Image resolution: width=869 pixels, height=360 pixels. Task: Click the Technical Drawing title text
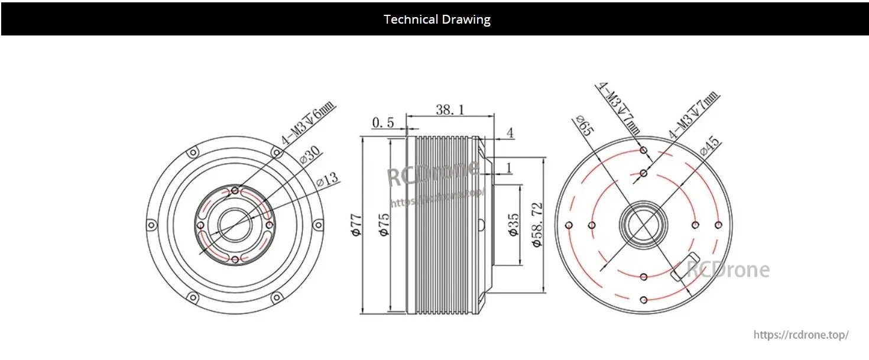(437, 20)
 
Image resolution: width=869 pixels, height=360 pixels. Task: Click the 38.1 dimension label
(449, 110)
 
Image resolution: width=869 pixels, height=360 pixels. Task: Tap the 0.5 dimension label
(383, 123)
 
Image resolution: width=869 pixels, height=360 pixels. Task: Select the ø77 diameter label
(356, 225)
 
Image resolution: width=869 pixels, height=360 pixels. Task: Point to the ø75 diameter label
(384, 225)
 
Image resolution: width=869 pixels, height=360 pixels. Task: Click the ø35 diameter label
(514, 225)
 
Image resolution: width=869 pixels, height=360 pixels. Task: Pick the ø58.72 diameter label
(537, 225)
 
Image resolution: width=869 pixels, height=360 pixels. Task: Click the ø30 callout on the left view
(309, 156)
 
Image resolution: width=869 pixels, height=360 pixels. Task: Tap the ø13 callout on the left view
(328, 179)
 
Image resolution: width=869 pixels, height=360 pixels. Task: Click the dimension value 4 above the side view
(509, 134)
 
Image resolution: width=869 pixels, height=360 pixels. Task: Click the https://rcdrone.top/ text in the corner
(801, 335)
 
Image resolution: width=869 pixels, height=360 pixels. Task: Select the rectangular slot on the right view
(686, 265)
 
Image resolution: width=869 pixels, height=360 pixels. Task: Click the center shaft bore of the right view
(644, 225)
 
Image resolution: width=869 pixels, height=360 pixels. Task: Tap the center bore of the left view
(235, 225)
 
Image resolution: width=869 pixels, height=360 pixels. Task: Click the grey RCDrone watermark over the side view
(433, 173)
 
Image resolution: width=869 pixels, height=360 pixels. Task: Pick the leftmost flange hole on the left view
(152, 225)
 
